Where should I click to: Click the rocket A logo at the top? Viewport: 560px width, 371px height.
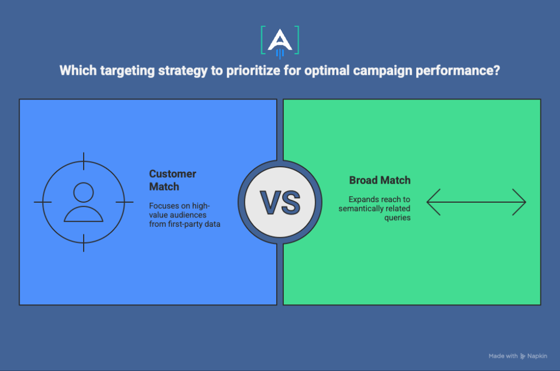pos(280,42)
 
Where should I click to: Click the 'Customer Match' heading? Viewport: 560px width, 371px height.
pos(172,180)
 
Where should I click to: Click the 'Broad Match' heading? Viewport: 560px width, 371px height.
pos(380,180)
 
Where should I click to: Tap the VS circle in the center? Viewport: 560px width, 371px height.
pos(280,202)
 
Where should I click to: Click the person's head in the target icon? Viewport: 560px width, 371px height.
pos(84,193)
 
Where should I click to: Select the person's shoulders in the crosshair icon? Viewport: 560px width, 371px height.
pos(84,214)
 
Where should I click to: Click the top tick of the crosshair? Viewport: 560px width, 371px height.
pos(84,161)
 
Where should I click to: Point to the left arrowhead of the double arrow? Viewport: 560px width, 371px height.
pos(433,202)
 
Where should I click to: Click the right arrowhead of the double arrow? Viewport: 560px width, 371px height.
pos(520,202)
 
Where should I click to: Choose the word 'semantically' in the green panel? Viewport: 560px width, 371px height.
pos(359,208)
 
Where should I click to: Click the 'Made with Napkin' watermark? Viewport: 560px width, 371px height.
pos(518,356)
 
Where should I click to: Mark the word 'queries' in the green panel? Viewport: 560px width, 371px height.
pos(398,217)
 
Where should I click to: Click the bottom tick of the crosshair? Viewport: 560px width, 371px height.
pos(84,243)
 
